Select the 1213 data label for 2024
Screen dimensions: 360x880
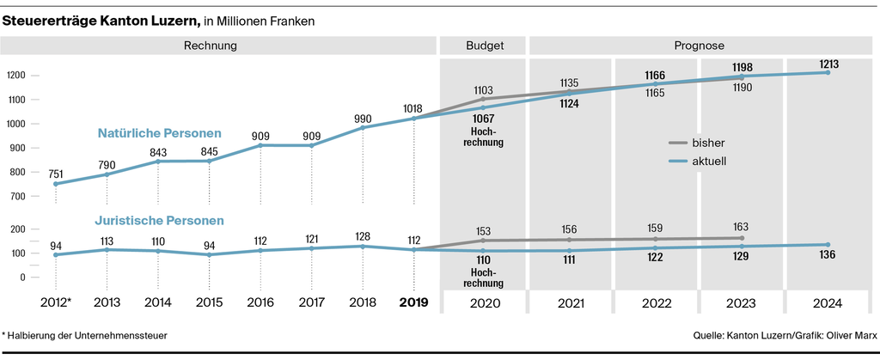(828, 64)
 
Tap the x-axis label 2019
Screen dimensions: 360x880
(413, 302)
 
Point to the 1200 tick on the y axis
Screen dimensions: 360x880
(17, 76)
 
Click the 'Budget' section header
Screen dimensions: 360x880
(485, 45)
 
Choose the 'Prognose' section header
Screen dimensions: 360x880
(700, 45)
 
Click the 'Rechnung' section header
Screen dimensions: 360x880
(211, 45)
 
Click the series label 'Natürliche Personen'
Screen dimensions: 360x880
(159, 133)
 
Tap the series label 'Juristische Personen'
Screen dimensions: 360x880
(161, 220)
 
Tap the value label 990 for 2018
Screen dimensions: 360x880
(364, 119)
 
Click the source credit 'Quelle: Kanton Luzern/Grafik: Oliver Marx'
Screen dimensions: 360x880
(784, 334)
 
